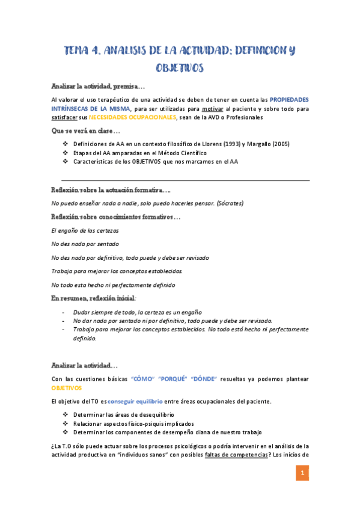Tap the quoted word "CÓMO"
tap(141, 379)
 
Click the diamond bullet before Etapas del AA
tap(65, 153)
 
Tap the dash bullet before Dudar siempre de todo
tap(64, 312)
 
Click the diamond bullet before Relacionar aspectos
tap(65, 423)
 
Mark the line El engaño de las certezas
tap(85, 230)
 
